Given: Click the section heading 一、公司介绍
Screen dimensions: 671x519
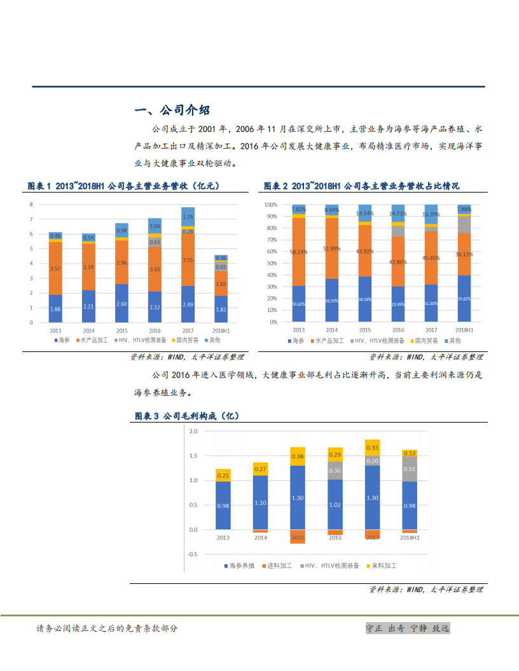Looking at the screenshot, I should click(x=172, y=111).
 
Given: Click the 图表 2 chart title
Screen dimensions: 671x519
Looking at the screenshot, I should click(x=361, y=186).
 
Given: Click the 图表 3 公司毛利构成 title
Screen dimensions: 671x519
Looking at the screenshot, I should click(x=186, y=416).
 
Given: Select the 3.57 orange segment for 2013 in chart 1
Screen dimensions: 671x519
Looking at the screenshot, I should click(x=55, y=269).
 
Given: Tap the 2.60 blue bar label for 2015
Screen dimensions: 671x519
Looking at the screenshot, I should click(x=121, y=304).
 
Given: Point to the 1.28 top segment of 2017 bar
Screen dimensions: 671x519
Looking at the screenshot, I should click(x=188, y=217).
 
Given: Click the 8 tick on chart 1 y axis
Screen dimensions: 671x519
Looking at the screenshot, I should click(x=32, y=205).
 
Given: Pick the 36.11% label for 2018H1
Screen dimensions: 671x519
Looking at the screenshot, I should click(x=464, y=254).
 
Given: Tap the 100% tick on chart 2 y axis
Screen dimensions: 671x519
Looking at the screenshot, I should click(x=271, y=205).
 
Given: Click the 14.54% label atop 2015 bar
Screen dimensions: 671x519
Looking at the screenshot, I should click(x=365, y=213).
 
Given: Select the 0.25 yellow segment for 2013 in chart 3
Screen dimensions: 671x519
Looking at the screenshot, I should click(x=223, y=475).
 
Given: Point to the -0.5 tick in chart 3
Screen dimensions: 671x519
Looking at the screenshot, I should click(x=193, y=554).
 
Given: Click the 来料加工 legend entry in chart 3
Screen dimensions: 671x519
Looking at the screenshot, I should click(x=385, y=566).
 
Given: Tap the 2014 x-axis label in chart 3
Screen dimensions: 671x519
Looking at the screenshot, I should click(x=260, y=538).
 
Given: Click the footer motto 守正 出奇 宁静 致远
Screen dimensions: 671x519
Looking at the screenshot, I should click(x=407, y=628).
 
